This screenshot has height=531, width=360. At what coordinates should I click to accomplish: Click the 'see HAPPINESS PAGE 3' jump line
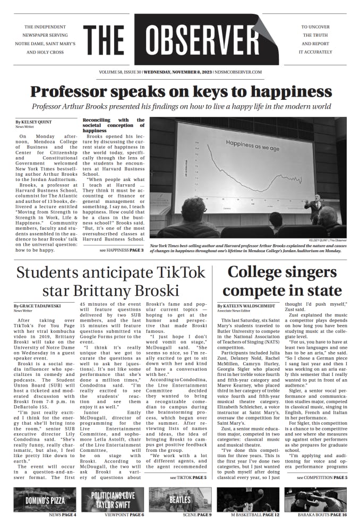[x=121, y=250]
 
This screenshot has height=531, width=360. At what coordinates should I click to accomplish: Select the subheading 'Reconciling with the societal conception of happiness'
[x=113, y=125]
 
